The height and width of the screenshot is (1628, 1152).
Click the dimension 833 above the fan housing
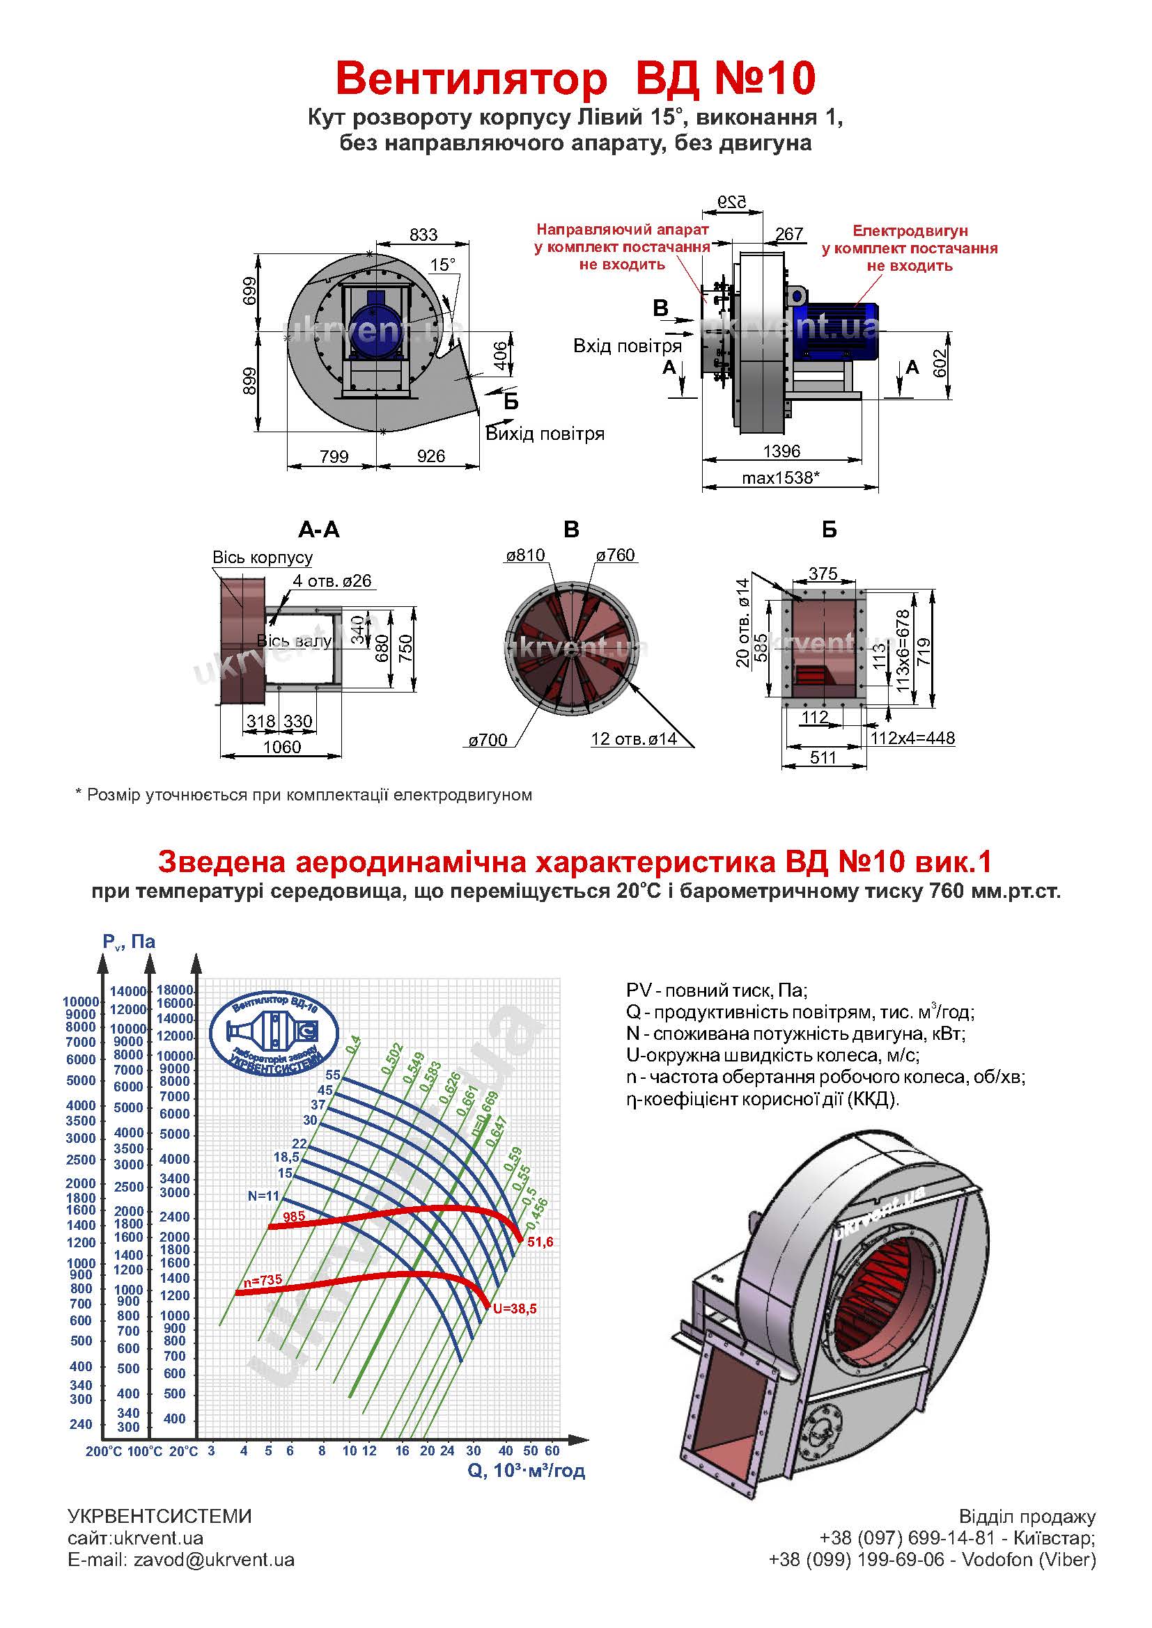pos(423,235)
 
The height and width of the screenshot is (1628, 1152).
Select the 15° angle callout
pos(442,264)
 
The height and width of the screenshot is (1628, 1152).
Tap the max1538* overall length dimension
pos(780,477)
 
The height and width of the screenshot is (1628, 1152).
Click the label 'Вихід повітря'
pos(545,434)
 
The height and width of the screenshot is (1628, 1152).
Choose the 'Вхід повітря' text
pos(627,346)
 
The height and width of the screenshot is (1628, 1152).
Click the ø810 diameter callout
pos(525,555)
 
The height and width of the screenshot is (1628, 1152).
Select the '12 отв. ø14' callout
pos(633,739)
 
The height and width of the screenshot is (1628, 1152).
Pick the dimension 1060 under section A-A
pos(281,747)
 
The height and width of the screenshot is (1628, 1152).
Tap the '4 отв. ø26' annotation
pos(332,580)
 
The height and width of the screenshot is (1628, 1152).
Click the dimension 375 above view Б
pos(823,573)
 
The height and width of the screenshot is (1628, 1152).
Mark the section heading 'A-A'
pos(318,530)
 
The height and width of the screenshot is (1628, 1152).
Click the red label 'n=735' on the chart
pos(263,1281)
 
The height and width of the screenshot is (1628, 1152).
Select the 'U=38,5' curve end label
pos(515,1309)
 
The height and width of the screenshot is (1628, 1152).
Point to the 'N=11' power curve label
pos(264,1196)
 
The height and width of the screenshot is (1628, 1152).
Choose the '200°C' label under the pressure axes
pos(104,1451)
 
